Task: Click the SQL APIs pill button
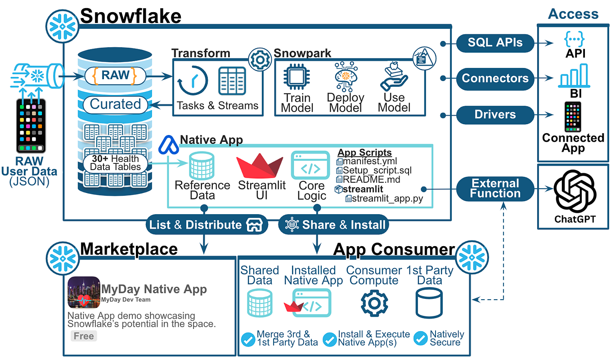[495, 43]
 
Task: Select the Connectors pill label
[495, 78]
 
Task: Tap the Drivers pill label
[495, 114]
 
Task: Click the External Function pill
[495, 189]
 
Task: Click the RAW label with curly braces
[116, 75]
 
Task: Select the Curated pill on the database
[115, 104]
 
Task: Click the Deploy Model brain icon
[346, 76]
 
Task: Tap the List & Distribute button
[207, 225]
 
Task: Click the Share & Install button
[333, 225]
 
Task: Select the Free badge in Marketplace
[84, 336]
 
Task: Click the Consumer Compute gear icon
[374, 303]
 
